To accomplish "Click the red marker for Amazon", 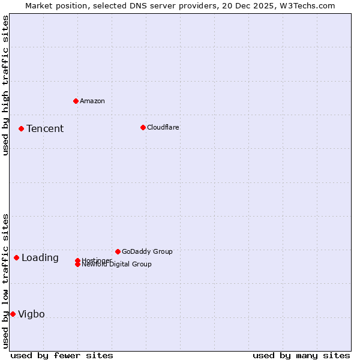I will point(76,101).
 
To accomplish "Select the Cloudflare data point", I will point(143,127).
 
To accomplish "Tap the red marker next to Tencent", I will point(21,128).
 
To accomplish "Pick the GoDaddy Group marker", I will point(118,251).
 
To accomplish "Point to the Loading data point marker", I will point(16,257).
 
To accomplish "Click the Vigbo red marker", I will point(13,314).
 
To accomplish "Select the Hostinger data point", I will point(77,260).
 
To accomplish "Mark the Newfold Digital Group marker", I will point(77,264).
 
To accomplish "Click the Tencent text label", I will point(45,128).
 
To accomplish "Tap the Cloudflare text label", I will point(163,127).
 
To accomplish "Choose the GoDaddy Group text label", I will point(147,251).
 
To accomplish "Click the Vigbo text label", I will point(31,314).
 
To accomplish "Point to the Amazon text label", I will point(92,101).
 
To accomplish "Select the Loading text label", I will point(40,258).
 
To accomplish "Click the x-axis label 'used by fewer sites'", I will point(62,355).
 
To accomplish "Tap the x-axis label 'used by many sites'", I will point(301,355).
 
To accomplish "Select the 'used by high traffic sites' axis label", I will point(5,85).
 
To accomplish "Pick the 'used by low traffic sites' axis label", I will point(5,281).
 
